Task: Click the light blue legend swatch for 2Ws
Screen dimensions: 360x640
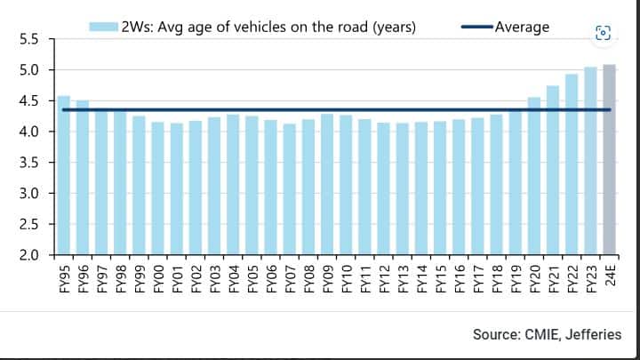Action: pos(105,27)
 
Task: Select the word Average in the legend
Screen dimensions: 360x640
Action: pos(522,27)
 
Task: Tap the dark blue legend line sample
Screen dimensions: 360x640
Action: pos(476,27)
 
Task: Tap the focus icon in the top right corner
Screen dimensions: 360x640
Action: pos(603,33)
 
